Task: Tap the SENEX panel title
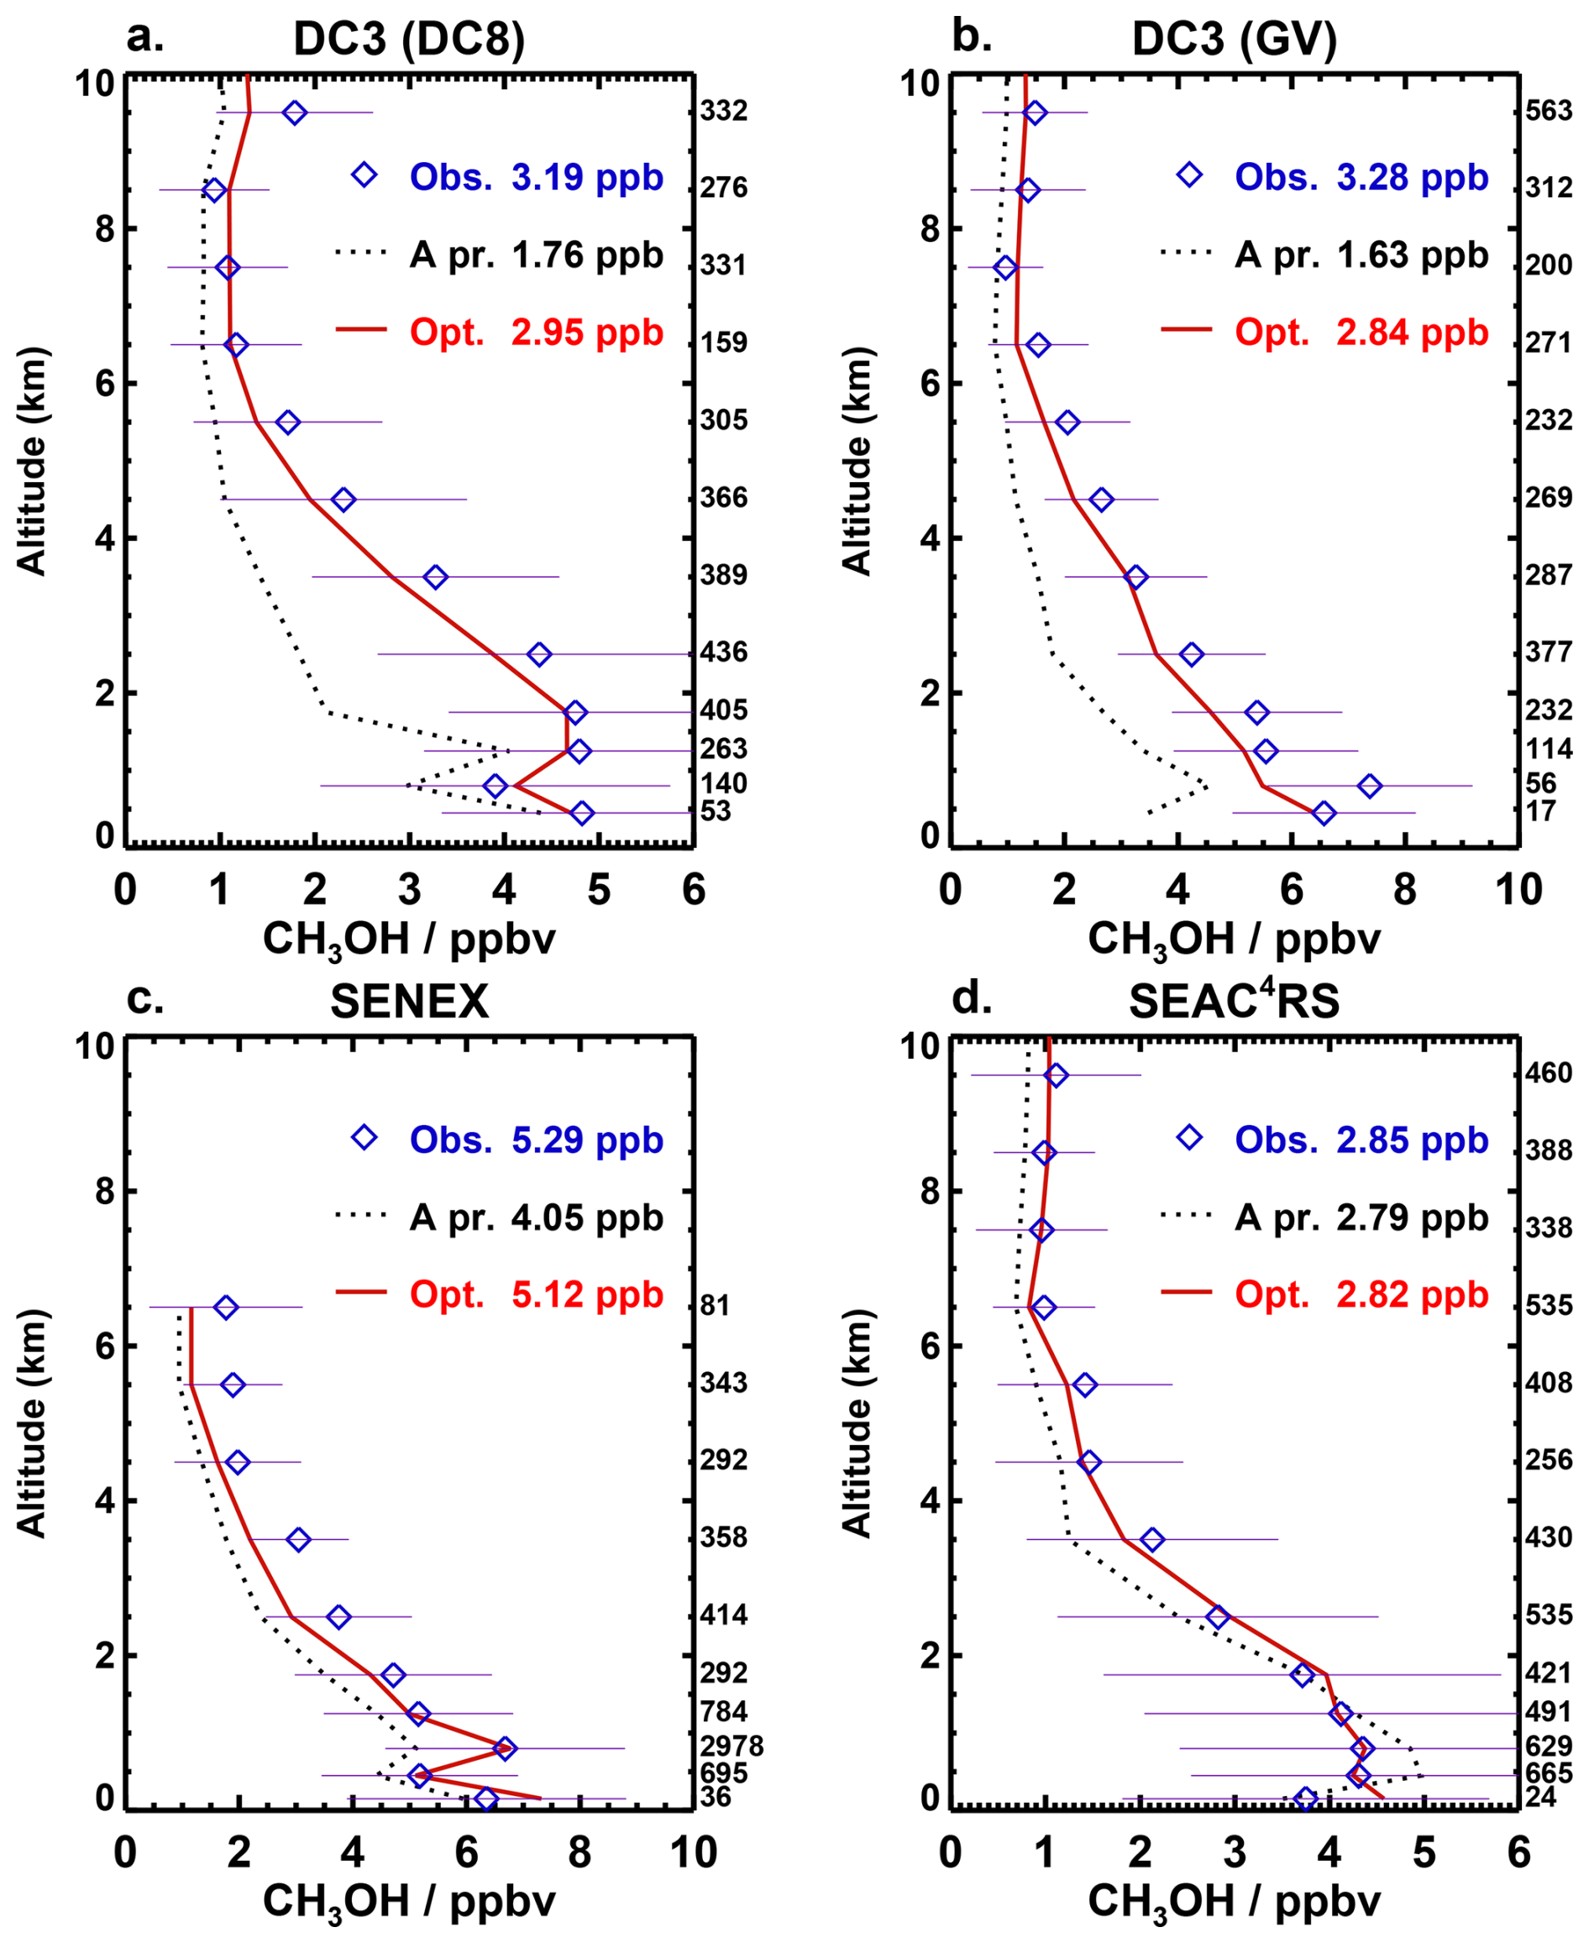[409, 1003]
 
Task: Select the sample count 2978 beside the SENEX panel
[732, 1747]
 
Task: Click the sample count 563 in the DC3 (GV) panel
[1549, 111]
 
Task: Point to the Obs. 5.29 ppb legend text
[537, 1139]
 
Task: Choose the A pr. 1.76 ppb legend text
[537, 254]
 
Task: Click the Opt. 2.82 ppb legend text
[1362, 1294]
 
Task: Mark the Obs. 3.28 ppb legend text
[1362, 176]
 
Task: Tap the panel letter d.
[971, 998]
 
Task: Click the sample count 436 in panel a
[724, 652]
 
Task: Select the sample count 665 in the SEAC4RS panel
[1549, 1773]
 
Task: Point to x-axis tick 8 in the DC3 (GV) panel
[1404, 889]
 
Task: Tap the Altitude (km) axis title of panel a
[32, 460]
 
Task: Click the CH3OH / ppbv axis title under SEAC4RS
[1234, 1902]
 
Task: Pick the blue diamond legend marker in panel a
[364, 175]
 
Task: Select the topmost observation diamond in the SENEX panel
[226, 1307]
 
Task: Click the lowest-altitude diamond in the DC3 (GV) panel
[1324, 813]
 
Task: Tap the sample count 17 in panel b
[1539, 811]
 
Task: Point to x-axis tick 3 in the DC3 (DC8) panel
[409, 889]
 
